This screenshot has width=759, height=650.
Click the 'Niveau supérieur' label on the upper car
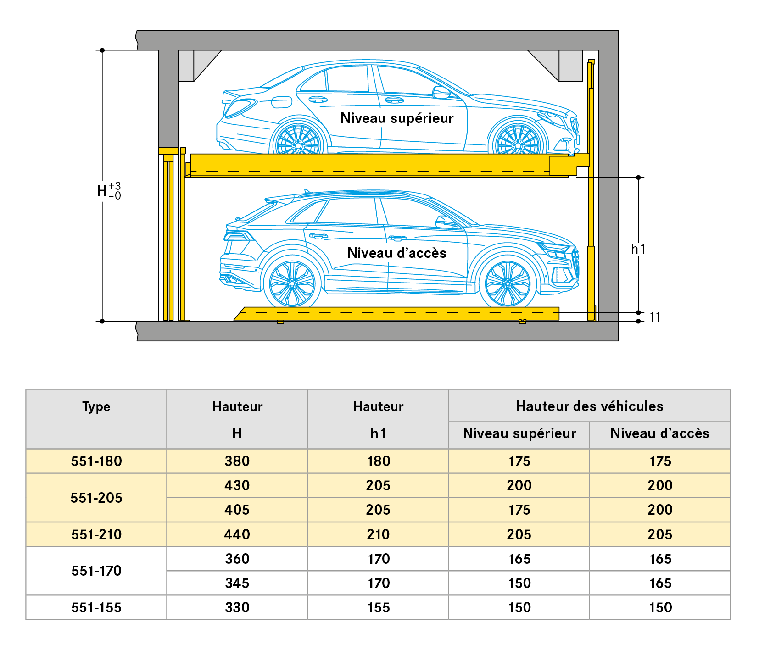pos(397,118)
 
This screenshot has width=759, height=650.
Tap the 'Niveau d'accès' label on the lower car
pos(397,253)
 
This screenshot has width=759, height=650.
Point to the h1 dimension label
pos(638,249)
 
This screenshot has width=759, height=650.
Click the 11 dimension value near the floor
pos(655,317)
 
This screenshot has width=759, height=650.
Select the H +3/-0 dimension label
pos(109,190)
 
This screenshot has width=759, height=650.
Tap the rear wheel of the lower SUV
pos(292,283)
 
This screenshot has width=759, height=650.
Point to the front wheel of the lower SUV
pos(508,283)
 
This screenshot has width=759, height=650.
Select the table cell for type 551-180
pos(96,461)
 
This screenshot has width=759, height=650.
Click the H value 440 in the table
pos(237,534)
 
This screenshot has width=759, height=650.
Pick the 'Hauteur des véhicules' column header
pos(589,406)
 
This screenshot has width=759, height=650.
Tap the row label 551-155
pos(96,608)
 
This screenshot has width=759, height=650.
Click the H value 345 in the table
pos(237,583)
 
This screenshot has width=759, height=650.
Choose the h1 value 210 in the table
pos(378,534)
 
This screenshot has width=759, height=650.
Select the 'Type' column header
pos(96,406)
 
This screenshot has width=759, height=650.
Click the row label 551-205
pos(96,498)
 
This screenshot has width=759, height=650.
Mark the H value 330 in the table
pos(237,608)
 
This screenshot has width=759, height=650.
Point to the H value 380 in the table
pos(237,461)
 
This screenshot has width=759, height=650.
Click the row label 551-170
pos(96,571)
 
